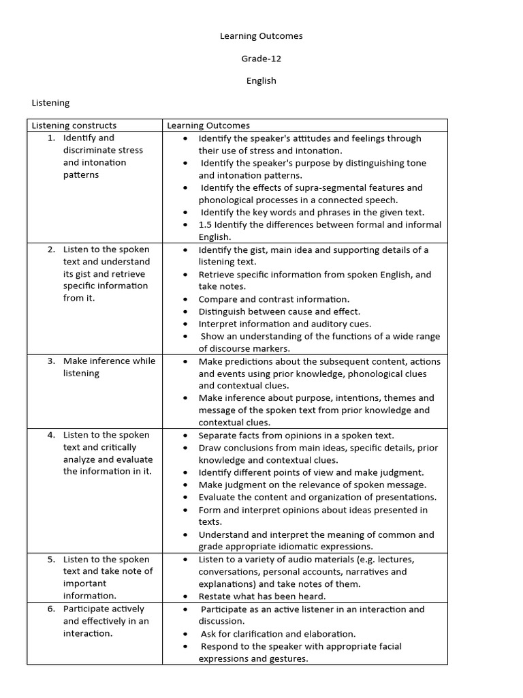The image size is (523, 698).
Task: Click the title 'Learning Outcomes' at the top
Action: point(261,36)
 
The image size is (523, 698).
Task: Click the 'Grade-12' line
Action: point(261,59)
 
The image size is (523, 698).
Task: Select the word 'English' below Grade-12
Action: point(261,80)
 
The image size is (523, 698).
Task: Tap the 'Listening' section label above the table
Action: point(50,103)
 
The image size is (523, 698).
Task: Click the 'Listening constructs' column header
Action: point(74,125)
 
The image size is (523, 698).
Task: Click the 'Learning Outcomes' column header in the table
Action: point(208,125)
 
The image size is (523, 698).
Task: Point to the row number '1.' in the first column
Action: point(51,138)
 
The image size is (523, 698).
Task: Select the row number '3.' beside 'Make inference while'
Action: point(51,361)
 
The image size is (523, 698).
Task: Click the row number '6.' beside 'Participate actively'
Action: point(51,609)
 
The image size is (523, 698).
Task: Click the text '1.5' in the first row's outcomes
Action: point(205,225)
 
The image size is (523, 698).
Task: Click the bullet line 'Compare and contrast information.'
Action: point(274,299)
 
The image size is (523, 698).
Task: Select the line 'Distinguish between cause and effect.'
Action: point(279,312)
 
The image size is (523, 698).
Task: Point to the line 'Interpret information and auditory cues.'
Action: point(285,324)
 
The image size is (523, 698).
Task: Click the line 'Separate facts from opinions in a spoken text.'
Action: point(296,436)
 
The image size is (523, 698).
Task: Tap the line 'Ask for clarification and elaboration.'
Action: point(278,634)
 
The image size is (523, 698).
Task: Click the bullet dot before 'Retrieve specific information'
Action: point(185,275)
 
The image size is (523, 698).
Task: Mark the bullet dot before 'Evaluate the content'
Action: point(185,498)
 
